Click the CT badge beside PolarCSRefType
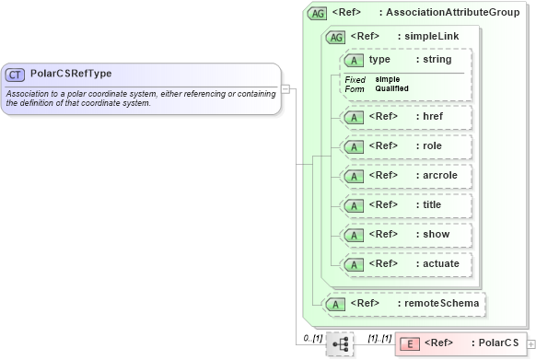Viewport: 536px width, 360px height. click(16, 75)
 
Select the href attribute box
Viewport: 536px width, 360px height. click(405, 117)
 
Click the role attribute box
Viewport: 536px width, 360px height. click(405, 146)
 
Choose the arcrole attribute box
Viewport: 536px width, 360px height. click(405, 176)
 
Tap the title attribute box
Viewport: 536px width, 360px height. click(405, 205)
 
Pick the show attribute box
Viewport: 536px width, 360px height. click(405, 235)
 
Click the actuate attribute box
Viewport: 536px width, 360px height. click(405, 264)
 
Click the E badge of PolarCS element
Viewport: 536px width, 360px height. click(413, 343)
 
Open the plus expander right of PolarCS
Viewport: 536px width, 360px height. click(530, 343)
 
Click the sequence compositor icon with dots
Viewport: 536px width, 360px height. click(340, 343)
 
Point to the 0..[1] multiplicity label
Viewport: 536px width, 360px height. click(312, 338)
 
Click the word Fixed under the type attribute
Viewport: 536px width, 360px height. click(355, 80)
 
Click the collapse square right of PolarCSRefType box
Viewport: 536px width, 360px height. click(286, 89)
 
